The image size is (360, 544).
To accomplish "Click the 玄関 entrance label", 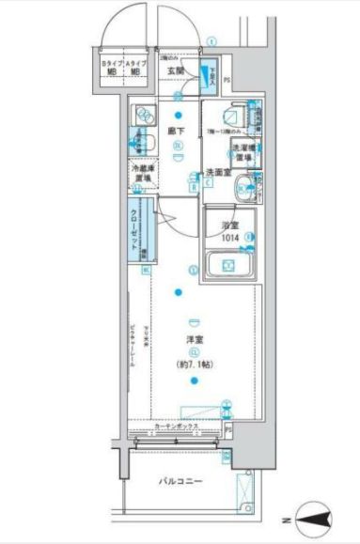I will tap(176, 70).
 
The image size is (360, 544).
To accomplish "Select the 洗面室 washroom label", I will tap(218, 172).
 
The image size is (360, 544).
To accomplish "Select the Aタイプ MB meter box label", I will tap(136, 67).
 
